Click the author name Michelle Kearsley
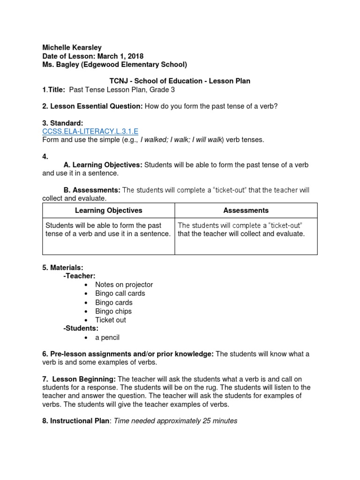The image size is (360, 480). pos(72,47)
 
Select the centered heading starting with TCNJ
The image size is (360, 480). pos(180,81)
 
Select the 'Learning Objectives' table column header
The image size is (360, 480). pos(108,210)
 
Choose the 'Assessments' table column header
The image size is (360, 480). pos(246,210)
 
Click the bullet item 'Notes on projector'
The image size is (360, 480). pos(124,285)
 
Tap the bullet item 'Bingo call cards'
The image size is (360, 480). pos(120,293)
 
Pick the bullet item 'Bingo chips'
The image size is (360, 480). pos(113,311)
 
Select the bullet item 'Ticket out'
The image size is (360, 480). pos(110,320)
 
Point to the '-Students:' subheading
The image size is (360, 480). pos(81,329)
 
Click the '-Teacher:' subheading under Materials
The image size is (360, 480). pos(79,276)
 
